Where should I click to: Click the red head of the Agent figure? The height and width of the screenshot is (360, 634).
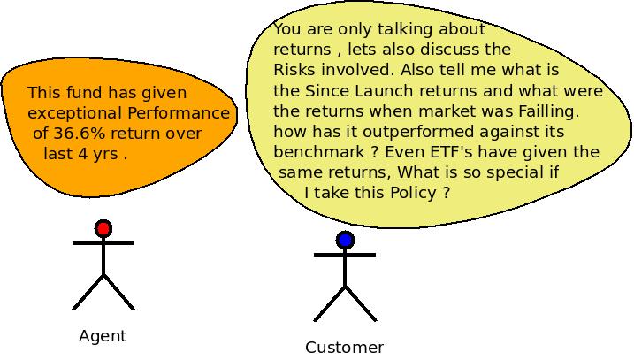coord(103,228)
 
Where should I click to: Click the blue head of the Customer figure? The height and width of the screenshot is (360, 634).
coord(345,240)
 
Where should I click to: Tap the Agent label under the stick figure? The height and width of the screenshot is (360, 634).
coord(103,336)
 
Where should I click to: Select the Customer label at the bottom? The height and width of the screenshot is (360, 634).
coord(345,348)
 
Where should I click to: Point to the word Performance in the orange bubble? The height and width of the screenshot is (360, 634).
coord(179,113)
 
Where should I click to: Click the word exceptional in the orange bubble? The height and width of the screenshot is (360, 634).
coord(75,114)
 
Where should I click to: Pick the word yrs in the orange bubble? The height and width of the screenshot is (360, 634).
coord(104,155)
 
